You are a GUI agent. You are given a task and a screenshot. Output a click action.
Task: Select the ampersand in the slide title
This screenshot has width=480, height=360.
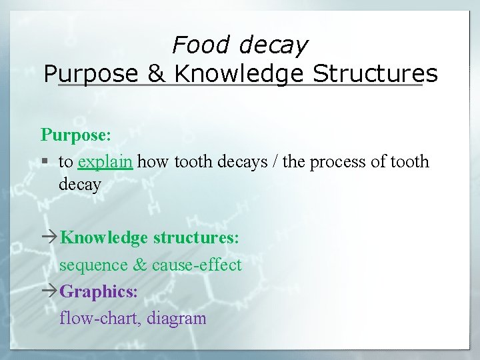157,73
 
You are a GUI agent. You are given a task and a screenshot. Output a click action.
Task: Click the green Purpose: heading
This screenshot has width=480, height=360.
75,134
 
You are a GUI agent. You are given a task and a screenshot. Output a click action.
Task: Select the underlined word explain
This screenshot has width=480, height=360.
105,162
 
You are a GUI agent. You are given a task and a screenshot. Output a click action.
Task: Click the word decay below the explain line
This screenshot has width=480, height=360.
79,185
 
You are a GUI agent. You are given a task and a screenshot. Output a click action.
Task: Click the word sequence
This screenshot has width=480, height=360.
93,265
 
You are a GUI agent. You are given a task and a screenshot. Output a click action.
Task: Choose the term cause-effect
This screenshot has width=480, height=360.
197,265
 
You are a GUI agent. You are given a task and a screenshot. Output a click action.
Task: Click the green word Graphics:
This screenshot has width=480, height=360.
99,291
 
